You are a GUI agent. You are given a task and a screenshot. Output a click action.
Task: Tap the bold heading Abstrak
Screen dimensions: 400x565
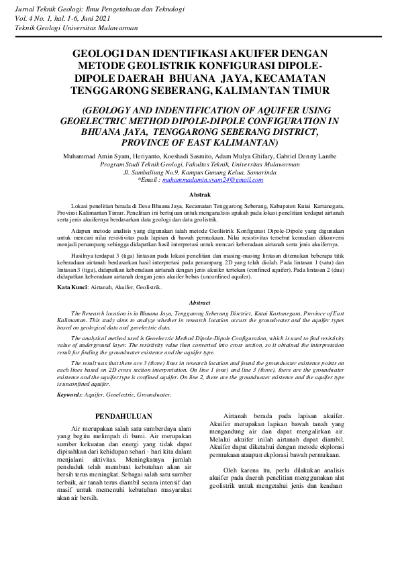pyautogui.click(x=200, y=194)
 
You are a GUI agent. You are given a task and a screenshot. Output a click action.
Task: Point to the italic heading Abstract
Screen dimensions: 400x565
pyautogui.click(x=200, y=303)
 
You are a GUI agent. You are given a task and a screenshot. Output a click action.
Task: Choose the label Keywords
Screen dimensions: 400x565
pyautogui.click(x=69, y=395)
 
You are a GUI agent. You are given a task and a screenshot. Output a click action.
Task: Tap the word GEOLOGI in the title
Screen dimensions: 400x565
pyautogui.click(x=101, y=54)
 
